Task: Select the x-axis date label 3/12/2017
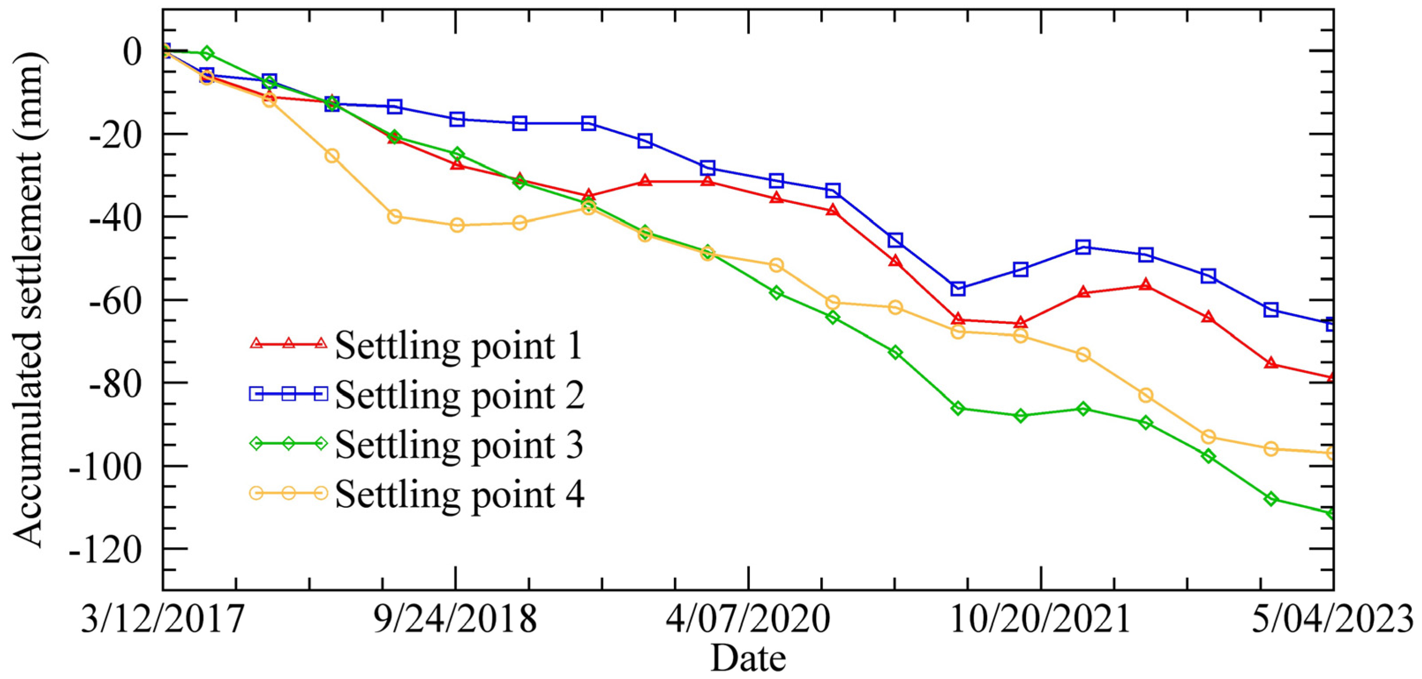162,619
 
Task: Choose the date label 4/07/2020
748,619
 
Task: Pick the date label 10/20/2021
1040,619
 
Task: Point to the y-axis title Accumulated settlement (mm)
28,301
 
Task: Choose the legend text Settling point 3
458,444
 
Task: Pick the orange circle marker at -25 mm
331,156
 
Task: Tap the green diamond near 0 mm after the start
207,53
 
